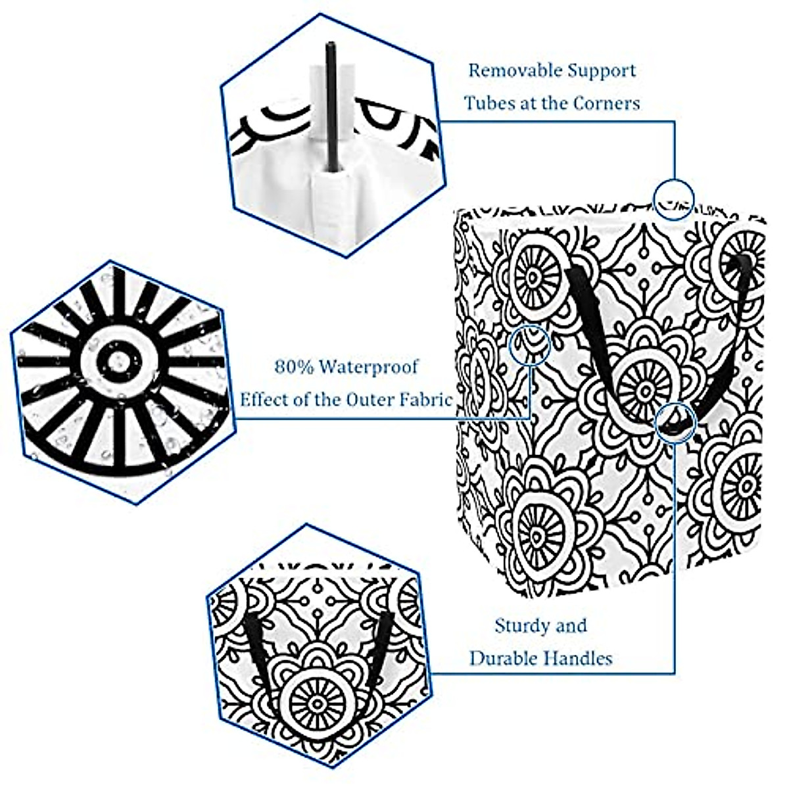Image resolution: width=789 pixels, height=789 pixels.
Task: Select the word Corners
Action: tap(606, 103)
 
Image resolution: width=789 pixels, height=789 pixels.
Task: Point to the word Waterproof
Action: tap(368, 367)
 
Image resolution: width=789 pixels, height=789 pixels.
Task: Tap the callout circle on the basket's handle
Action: tap(676, 421)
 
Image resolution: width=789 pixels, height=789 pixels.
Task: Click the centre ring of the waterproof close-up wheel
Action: tap(119, 360)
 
